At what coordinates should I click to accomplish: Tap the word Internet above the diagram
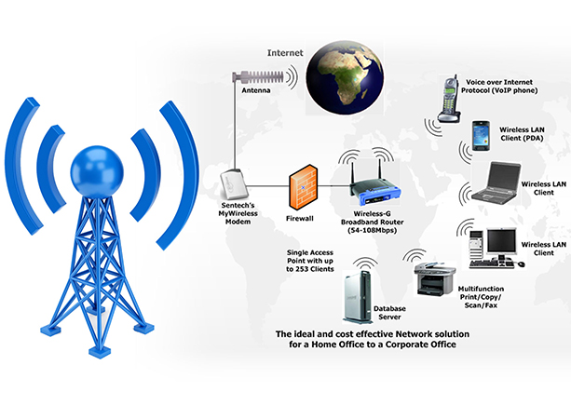286,53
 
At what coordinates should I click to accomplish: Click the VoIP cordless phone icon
447,98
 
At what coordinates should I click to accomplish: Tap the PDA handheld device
482,137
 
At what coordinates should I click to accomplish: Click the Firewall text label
298,218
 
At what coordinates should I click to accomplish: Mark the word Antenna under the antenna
257,94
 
